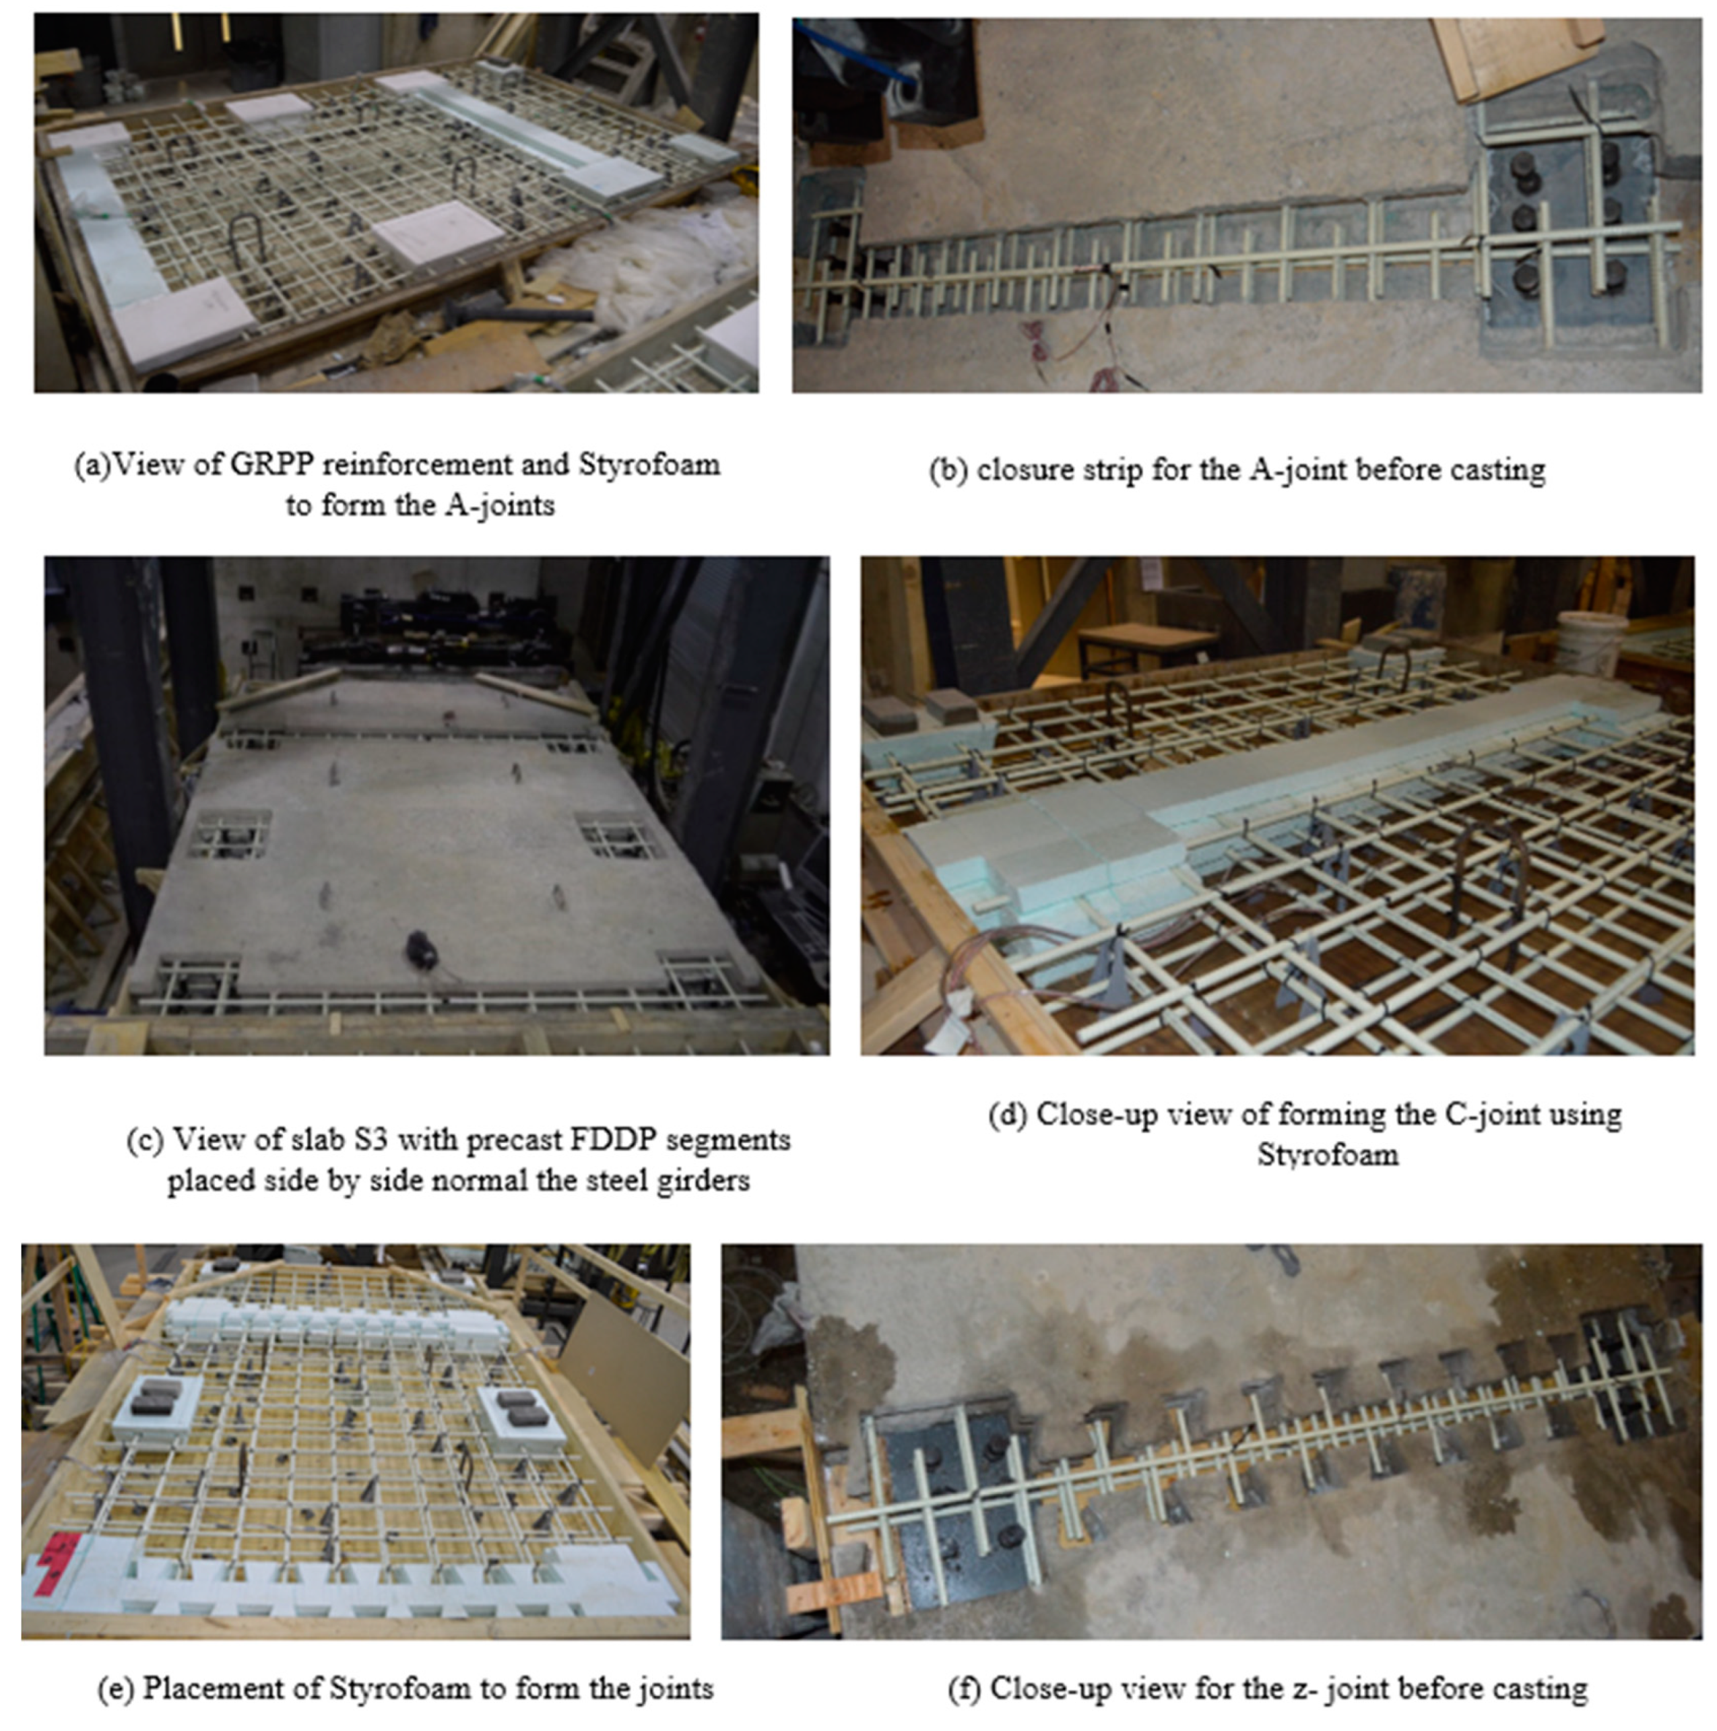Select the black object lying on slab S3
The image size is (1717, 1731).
(x=421, y=950)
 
